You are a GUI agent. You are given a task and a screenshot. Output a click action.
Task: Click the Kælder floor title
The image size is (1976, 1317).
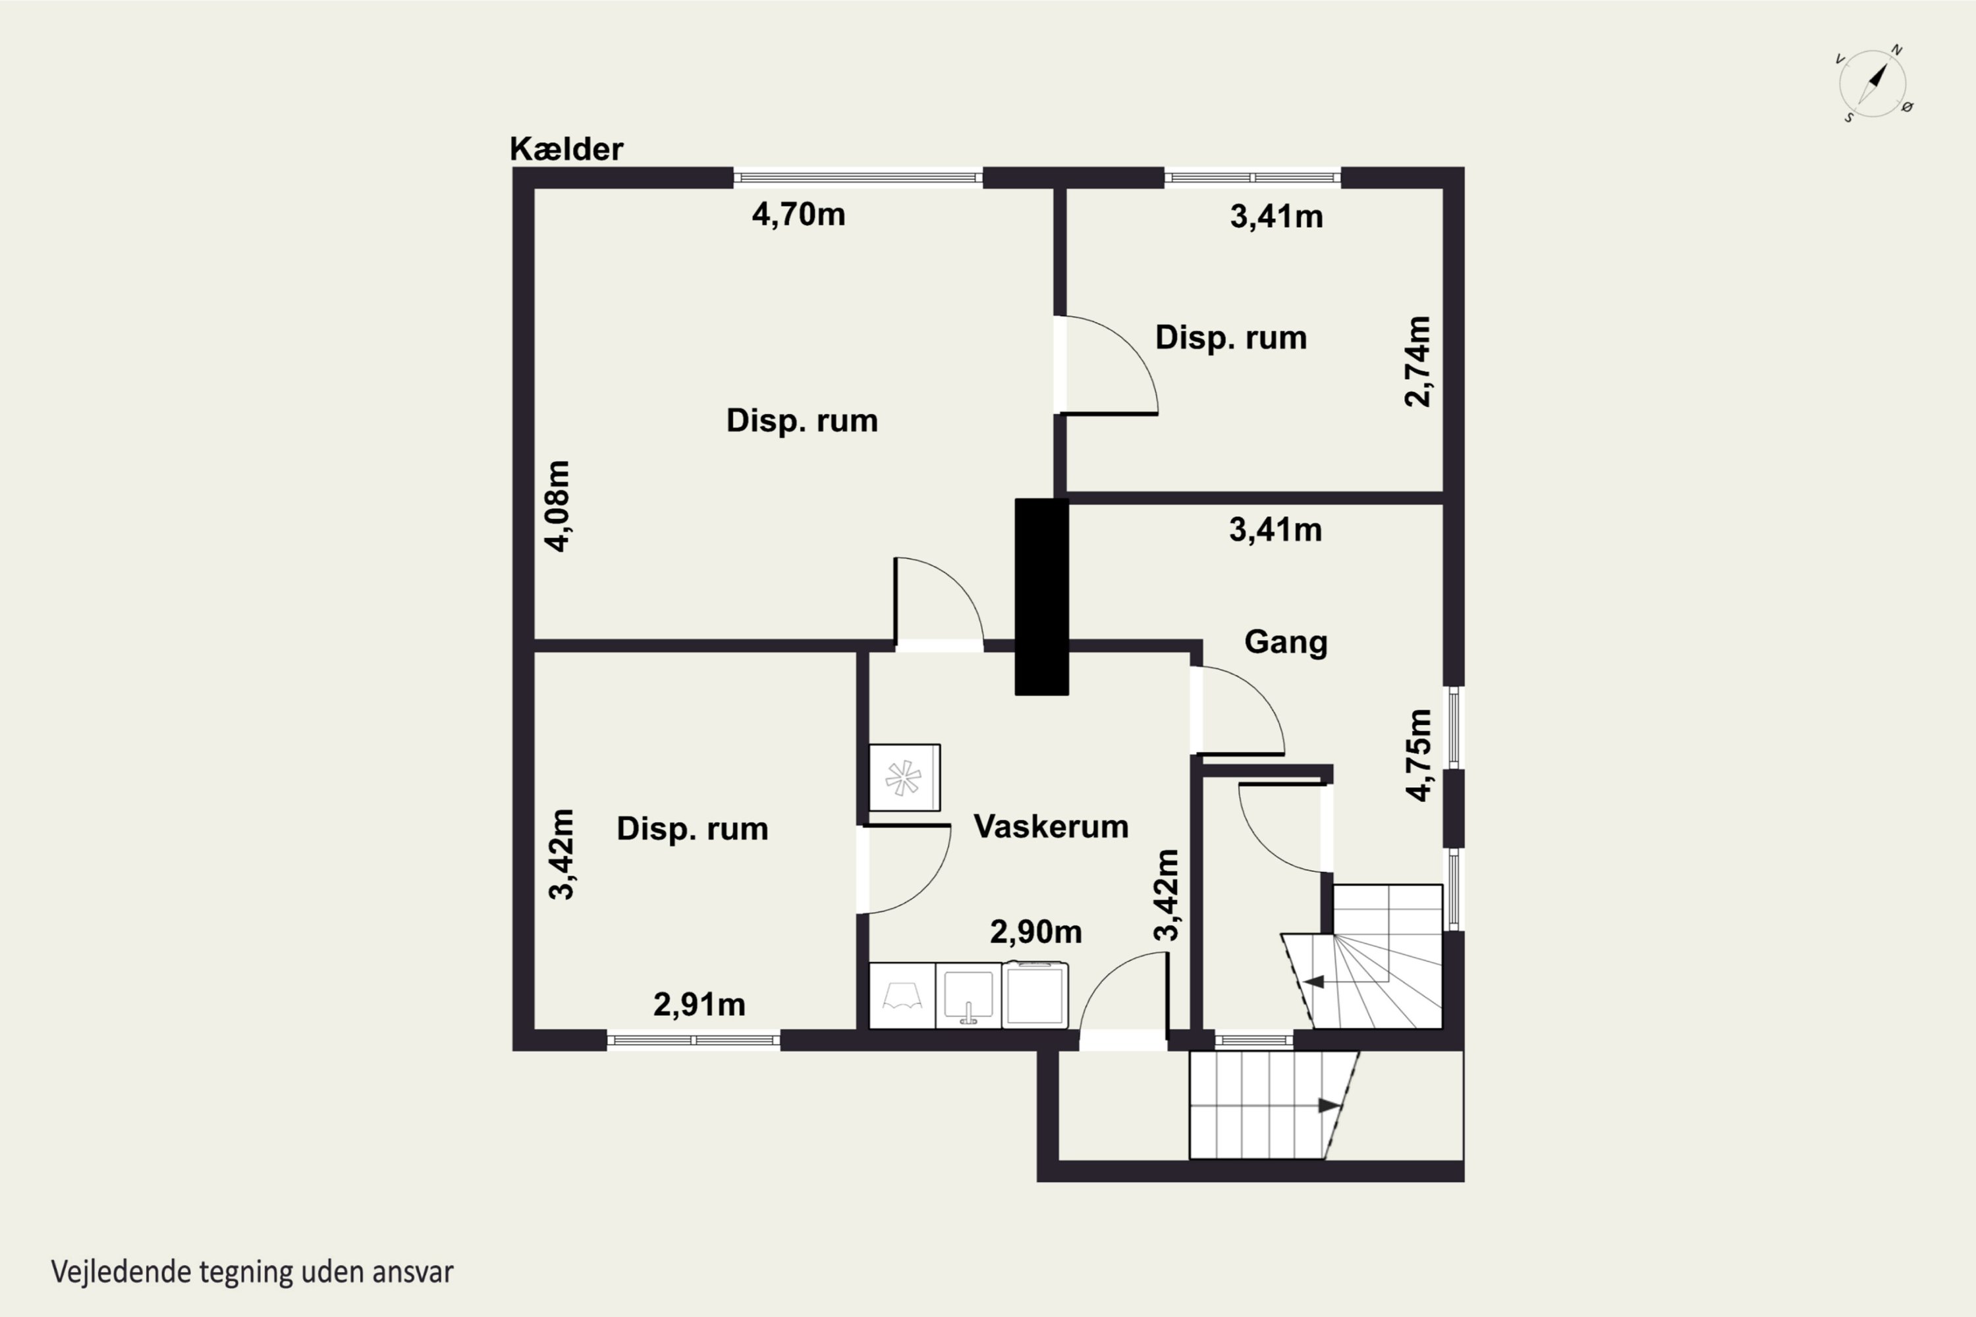point(566,149)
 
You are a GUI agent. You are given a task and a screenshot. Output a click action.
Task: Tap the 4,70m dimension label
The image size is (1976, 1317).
point(798,214)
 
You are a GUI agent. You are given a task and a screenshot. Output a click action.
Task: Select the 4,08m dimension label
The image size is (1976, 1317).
point(558,506)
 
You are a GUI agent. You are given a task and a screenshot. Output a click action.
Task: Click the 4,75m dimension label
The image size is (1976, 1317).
point(1418,755)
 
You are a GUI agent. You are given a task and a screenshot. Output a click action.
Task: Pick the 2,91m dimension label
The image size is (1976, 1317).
point(699,1005)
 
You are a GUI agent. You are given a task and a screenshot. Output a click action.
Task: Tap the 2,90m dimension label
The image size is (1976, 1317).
point(1036,932)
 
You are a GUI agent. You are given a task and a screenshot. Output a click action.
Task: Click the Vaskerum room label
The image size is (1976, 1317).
point(1051,826)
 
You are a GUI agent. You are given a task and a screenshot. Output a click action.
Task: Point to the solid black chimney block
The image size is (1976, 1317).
point(1042,597)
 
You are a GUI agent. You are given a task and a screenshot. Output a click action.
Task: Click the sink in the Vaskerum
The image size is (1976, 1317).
point(969,995)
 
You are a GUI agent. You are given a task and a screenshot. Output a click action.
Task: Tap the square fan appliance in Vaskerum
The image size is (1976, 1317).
point(904,778)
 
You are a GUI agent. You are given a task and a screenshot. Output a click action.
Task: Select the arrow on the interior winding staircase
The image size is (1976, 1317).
point(1314,982)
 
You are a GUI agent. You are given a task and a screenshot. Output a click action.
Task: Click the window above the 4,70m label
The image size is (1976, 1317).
point(858,177)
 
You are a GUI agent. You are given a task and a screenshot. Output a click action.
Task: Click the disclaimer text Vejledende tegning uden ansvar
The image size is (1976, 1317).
point(252,1272)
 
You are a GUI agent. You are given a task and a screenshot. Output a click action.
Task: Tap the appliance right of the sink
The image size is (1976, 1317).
point(1035,995)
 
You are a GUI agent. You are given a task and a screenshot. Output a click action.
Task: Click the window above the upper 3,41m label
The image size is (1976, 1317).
point(1253,177)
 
